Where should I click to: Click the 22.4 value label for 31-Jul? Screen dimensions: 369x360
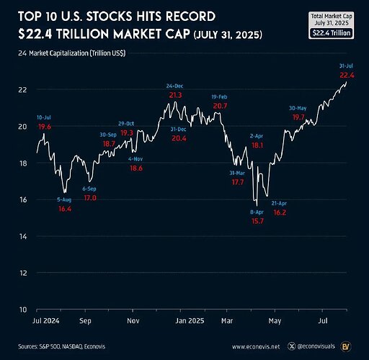pyautogui.click(x=347, y=76)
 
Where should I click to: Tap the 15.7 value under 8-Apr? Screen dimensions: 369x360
pyautogui.click(x=257, y=221)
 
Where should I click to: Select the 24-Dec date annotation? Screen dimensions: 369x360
pyautogui.click(x=174, y=86)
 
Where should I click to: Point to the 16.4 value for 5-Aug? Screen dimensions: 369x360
pyautogui.click(x=65, y=209)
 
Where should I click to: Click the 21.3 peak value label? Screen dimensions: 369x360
pyautogui.click(x=175, y=95)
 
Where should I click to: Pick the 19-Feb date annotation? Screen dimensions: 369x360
pyautogui.click(x=219, y=96)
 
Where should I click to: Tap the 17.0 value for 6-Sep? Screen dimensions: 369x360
pyautogui.click(x=90, y=198)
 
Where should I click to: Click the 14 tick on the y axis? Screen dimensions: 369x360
pyautogui.click(x=23, y=237)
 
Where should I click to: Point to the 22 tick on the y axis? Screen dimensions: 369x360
pyautogui.click(x=22, y=90)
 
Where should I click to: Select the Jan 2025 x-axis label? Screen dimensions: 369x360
pyautogui.click(x=190, y=320)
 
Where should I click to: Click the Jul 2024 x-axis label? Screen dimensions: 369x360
pyautogui.click(x=45, y=320)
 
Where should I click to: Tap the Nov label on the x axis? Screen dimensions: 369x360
pyautogui.click(x=133, y=320)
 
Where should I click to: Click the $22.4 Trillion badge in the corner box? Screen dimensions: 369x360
pyautogui.click(x=332, y=33)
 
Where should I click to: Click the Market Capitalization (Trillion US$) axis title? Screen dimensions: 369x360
pyautogui.click(x=77, y=53)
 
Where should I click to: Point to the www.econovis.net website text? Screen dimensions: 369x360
pyautogui.click(x=256, y=346)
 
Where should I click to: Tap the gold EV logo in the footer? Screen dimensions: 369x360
pyautogui.click(x=346, y=346)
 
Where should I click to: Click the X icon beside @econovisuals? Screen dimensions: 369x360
pyautogui.click(x=292, y=346)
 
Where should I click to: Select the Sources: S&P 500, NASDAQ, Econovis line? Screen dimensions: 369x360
pyautogui.click(x=61, y=346)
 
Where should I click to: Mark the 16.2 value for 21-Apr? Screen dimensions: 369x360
pyautogui.click(x=280, y=212)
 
